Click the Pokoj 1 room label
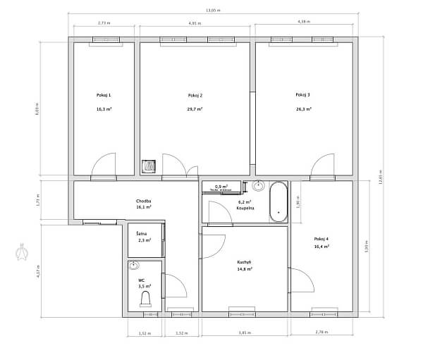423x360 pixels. point(104,94)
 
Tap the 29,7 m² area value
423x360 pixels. point(195,109)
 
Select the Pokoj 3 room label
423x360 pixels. point(303,94)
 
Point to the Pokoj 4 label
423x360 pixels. point(321,238)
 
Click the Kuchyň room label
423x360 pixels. point(245,262)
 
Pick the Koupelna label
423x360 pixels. point(245,209)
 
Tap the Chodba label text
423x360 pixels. point(144,201)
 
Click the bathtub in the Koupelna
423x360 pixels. point(278,203)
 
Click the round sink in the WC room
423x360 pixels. point(135,266)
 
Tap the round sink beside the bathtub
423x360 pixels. point(258,187)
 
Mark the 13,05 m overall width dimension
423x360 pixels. point(213,11)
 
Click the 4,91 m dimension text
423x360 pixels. point(195,23)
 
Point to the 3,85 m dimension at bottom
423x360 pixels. point(244,332)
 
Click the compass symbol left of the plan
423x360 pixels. point(21,251)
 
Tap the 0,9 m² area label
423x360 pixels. point(221,186)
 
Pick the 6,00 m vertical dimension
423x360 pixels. point(37,108)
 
